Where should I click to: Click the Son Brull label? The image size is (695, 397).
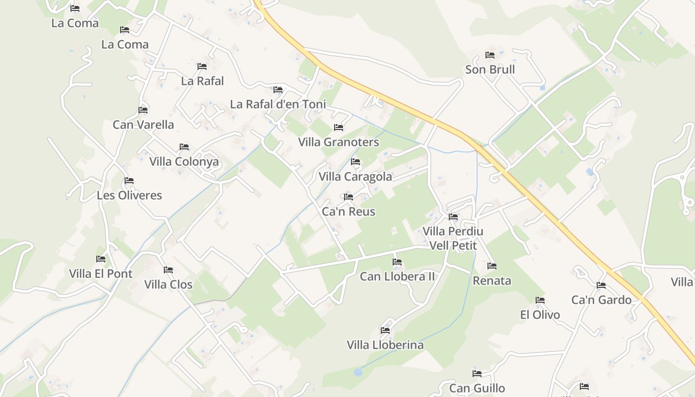coord(490,69)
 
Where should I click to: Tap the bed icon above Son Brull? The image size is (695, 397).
coord(490,55)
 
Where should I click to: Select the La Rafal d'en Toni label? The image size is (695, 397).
coord(278,104)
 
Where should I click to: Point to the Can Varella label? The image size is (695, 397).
coord(143,125)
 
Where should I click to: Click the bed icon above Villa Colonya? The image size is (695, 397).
coord(184,147)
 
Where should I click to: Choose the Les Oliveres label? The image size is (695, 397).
coord(130,195)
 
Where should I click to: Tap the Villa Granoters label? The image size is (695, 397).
coord(339,142)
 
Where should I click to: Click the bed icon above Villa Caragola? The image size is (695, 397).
coord(355,162)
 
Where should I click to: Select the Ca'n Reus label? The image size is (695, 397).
coord(348,211)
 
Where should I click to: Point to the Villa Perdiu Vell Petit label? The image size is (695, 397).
coord(453,238)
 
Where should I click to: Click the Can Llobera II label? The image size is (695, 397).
coord(397,276)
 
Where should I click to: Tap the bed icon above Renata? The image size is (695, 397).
coord(492,266)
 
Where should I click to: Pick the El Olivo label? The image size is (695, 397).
coord(540,315)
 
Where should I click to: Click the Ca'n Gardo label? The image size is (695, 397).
coord(601,300)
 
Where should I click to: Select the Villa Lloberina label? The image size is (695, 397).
coord(385,345)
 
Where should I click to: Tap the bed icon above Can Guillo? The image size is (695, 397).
coord(477,374)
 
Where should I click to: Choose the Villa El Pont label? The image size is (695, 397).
coord(101,273)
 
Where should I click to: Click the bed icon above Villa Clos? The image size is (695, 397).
coord(168,270)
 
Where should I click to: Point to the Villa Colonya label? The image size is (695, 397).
coord(184,162)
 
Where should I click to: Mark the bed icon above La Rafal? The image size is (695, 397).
coord(202,66)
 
